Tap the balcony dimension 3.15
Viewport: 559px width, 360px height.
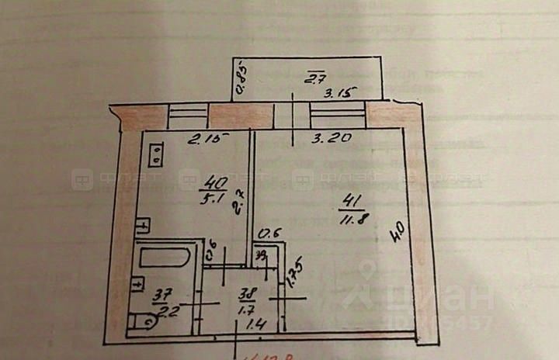339,94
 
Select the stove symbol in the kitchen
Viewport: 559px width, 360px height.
157,153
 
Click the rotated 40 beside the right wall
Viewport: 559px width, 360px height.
398,230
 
